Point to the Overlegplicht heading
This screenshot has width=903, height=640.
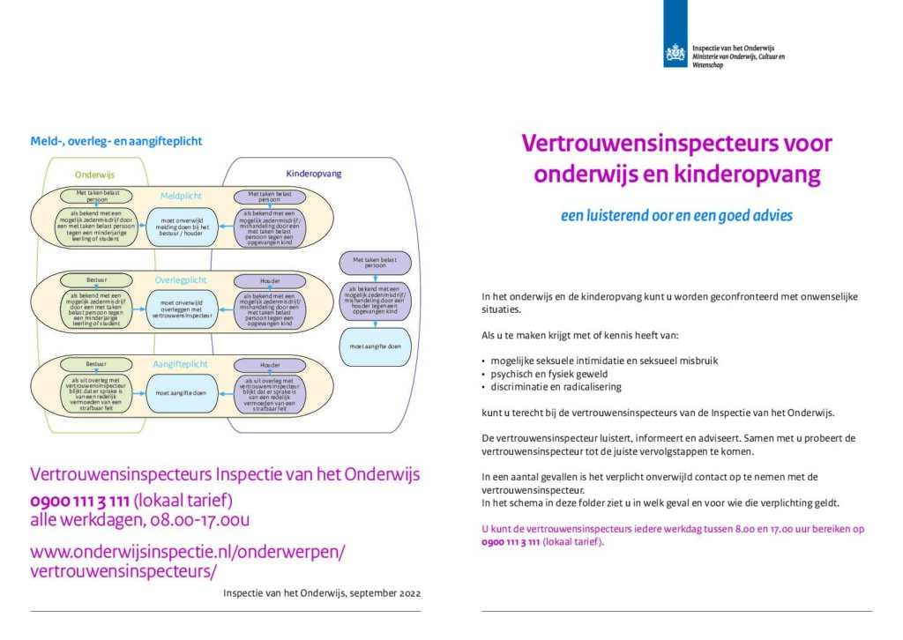point(181,280)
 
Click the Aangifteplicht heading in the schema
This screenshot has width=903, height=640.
point(181,362)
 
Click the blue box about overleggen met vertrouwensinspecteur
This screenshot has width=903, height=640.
point(181,309)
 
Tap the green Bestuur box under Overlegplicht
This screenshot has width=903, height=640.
point(95,280)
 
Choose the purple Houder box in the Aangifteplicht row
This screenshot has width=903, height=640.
point(270,363)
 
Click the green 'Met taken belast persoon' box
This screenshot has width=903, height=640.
point(96,196)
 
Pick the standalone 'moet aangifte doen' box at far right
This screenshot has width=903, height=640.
point(375,346)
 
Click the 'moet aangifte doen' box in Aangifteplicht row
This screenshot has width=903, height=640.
point(181,393)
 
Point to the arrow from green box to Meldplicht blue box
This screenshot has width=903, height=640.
point(140,227)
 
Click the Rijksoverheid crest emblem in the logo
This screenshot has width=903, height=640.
point(675,54)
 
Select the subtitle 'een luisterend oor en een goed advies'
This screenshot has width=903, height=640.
point(676,215)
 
